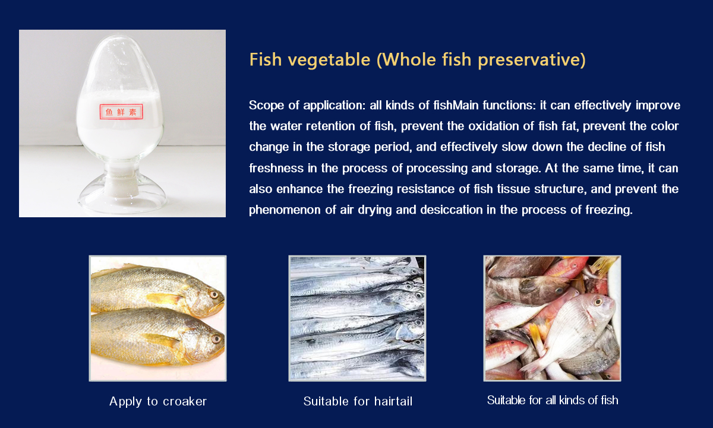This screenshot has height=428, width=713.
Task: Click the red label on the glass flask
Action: [x=121, y=112]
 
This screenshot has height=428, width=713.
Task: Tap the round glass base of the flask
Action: [x=122, y=196]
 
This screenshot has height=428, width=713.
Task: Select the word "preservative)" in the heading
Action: [x=532, y=60]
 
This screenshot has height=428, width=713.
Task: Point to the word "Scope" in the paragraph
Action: [x=266, y=105]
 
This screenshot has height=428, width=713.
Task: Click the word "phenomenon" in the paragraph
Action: [x=285, y=210]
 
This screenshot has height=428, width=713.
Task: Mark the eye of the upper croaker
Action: [x=213, y=294]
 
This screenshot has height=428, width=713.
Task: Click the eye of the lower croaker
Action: [x=216, y=338]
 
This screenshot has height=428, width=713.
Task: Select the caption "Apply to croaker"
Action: [x=158, y=401]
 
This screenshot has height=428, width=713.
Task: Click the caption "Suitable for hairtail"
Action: [x=358, y=401]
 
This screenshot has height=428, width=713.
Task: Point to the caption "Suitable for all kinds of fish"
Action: [x=553, y=400]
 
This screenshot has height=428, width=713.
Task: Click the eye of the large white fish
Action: [x=598, y=301]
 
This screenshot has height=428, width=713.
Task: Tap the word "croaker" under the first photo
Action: [x=185, y=402]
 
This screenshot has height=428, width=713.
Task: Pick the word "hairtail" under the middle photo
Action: [x=393, y=401]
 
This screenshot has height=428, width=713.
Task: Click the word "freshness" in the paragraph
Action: [x=276, y=168]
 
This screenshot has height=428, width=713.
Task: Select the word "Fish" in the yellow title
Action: [x=266, y=60]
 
